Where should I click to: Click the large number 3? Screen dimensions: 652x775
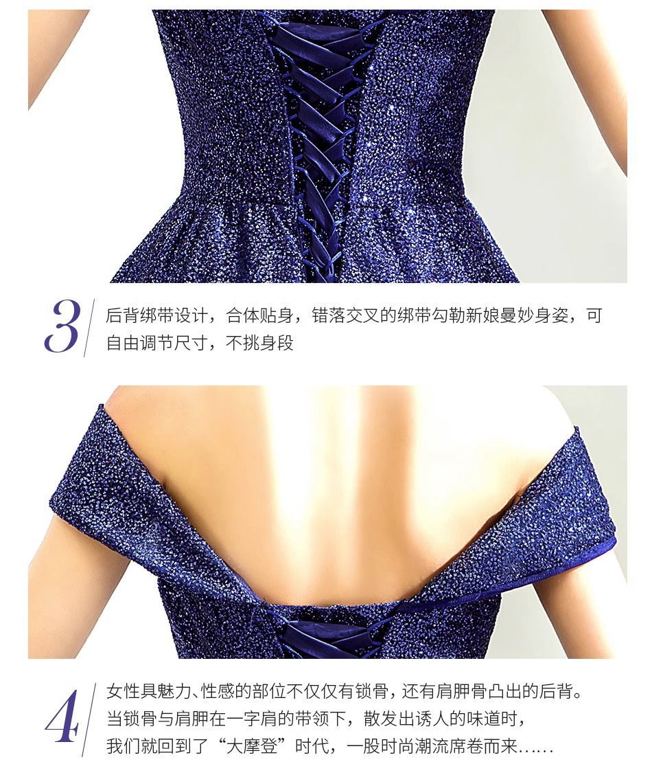pyautogui.click(x=62, y=326)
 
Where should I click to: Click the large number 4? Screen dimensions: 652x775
pyautogui.click(x=62, y=716)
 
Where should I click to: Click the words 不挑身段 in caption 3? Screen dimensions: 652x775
pyautogui.click(x=259, y=343)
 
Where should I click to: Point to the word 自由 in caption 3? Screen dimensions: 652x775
pyautogui.click(x=123, y=343)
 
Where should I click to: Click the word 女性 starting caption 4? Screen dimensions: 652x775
pyautogui.click(x=123, y=691)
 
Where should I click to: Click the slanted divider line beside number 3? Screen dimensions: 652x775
pyautogui.click(x=89, y=327)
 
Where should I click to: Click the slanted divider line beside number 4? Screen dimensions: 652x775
pyautogui.click(x=89, y=719)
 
